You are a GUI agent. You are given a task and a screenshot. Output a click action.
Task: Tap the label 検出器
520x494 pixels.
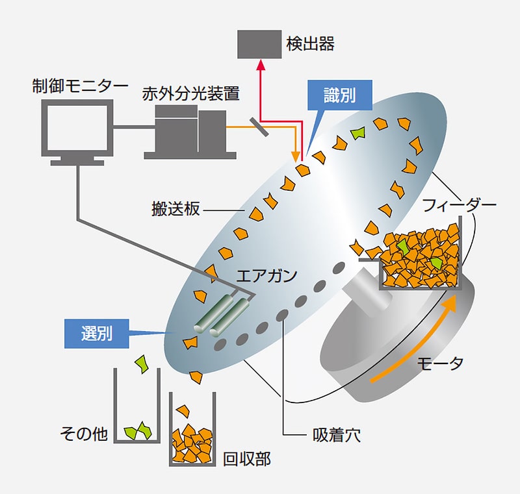coord(310,44)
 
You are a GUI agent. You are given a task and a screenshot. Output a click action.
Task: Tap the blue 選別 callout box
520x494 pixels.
coord(97,334)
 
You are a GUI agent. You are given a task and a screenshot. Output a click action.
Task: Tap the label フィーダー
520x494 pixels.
coord(459,206)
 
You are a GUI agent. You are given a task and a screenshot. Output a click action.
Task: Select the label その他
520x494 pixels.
coord(83,434)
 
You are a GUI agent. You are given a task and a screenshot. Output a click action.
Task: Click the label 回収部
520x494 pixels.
coord(246,460)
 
